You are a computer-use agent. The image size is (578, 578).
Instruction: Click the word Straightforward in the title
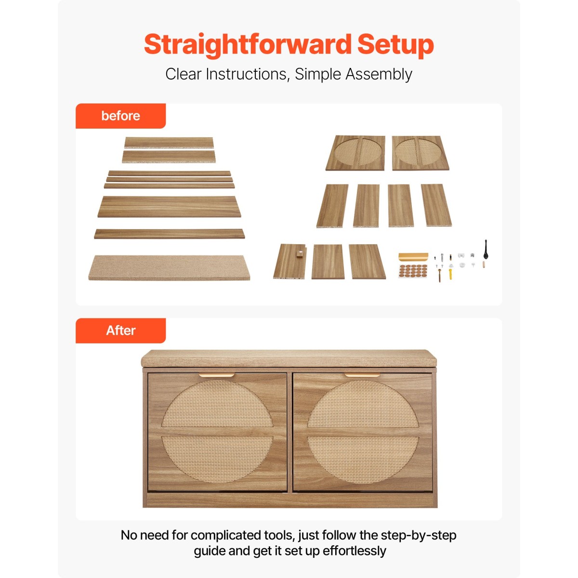[x=248, y=45]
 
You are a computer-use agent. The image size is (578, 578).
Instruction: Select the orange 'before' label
[x=120, y=116]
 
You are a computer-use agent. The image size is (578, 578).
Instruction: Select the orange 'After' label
[x=120, y=330]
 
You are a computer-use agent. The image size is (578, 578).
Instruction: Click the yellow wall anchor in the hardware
[x=450, y=272]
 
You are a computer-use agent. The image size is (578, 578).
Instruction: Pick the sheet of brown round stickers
[x=413, y=271]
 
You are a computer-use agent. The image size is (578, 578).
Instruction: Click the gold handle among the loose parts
[x=413, y=257]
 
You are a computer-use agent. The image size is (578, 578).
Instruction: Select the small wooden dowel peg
[x=484, y=264]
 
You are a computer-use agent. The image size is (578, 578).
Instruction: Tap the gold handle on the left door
[x=217, y=375]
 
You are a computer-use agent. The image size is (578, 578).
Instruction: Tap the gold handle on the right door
[x=362, y=375]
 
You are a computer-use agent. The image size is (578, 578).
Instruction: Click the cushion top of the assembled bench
[x=289, y=358]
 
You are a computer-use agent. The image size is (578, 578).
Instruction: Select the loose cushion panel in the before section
[x=169, y=267]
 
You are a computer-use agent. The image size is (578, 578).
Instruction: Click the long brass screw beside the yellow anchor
[x=440, y=275]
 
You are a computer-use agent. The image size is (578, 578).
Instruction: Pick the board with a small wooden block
[x=290, y=261]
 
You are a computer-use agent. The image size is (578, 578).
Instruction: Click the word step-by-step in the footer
[x=419, y=535]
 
